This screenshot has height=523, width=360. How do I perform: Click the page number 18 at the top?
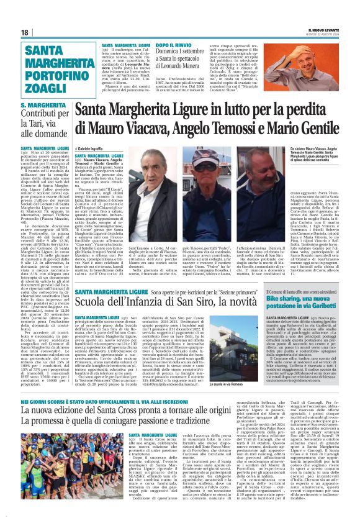[25, 32]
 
